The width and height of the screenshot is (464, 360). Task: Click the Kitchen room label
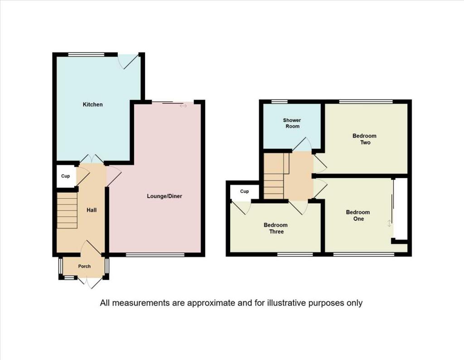click(x=92, y=105)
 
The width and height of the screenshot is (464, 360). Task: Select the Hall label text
click(x=92, y=210)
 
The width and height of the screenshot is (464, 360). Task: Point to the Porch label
click(x=84, y=266)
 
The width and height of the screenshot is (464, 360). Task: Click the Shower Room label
click(x=292, y=123)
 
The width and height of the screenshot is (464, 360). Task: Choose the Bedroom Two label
click(x=365, y=139)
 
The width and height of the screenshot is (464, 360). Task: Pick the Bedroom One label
click(x=358, y=215)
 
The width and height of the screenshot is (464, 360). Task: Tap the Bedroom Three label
click(x=275, y=229)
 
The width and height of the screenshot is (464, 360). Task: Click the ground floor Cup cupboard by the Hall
click(x=65, y=176)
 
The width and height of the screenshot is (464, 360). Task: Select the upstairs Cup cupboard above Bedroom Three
click(x=245, y=192)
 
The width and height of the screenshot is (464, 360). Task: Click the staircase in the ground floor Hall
click(x=67, y=210)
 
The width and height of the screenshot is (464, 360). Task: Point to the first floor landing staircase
click(x=275, y=177)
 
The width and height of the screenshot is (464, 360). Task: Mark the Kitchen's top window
click(x=86, y=54)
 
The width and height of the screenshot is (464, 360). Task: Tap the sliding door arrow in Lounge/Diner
click(x=183, y=106)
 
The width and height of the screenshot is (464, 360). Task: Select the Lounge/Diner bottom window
click(x=155, y=255)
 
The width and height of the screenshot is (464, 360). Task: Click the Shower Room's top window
click(x=280, y=101)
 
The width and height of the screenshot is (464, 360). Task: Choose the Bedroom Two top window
click(x=366, y=101)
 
